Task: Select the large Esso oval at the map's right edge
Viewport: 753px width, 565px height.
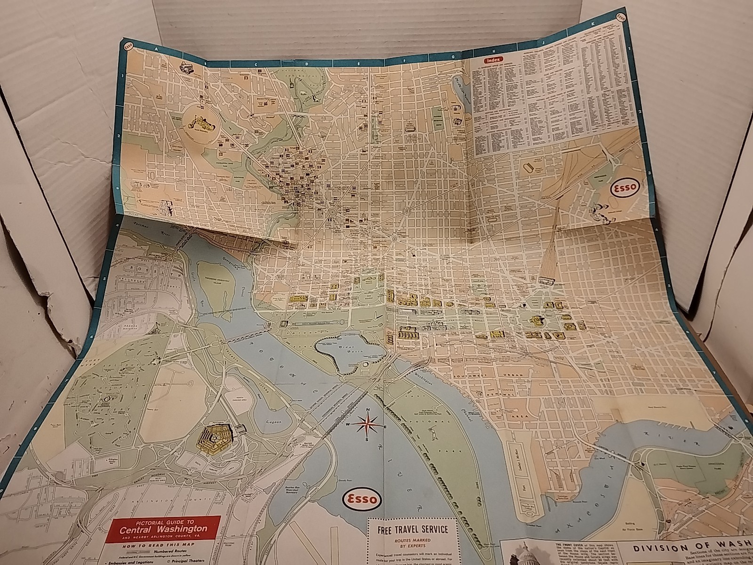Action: click(625, 188)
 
